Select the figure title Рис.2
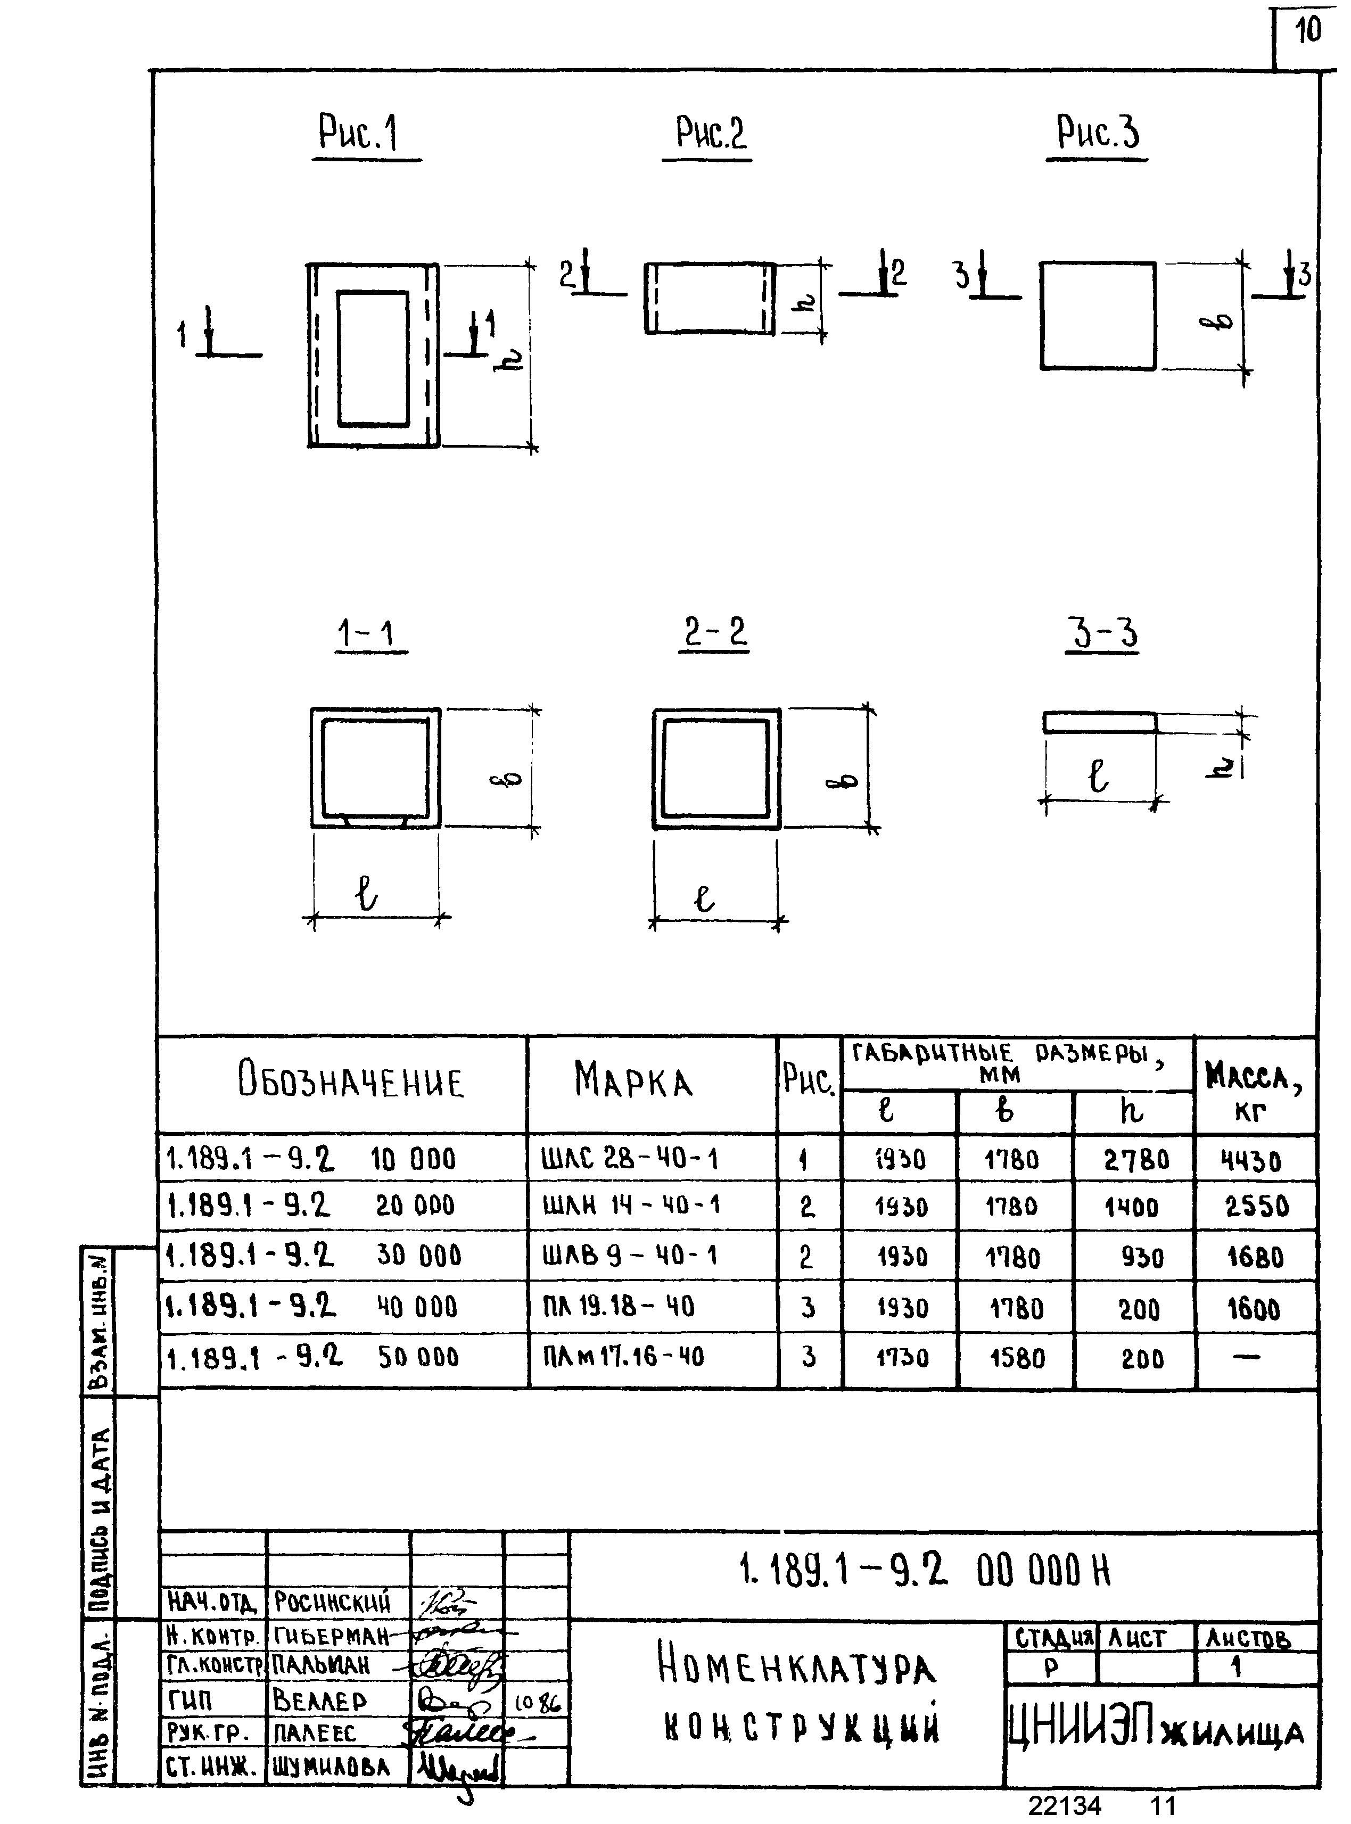pos(711,133)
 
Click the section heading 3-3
pos(1101,633)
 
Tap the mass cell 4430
pos(1251,1161)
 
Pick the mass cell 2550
pos(1256,1207)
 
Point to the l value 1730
pos(902,1358)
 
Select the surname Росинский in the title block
pos(332,1602)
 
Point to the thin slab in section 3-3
pos(1099,723)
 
